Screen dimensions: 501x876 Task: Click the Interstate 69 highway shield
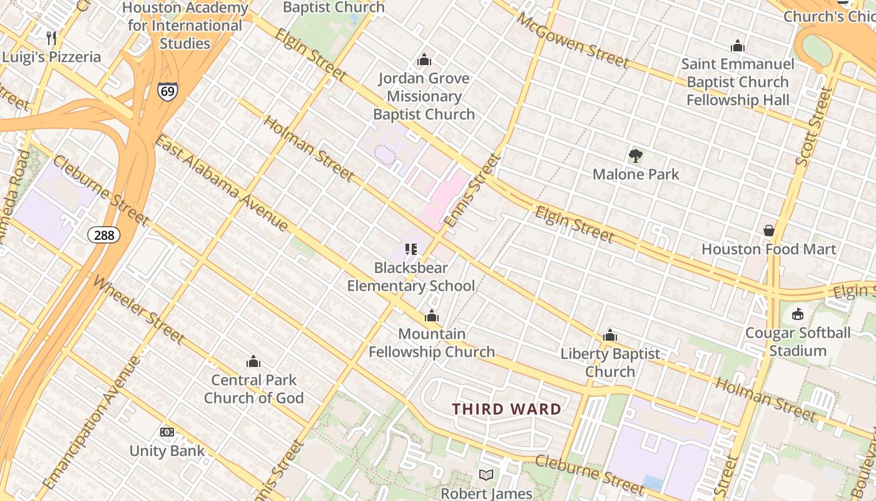pyautogui.click(x=167, y=91)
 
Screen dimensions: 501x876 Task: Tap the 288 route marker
pyautogui.click(x=103, y=235)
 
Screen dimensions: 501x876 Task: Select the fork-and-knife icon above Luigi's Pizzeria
pyautogui.click(x=52, y=38)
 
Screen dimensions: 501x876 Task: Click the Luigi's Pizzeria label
pyautogui.click(x=51, y=57)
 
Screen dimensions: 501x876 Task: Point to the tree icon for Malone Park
pyautogui.click(x=636, y=155)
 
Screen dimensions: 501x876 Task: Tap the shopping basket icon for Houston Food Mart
pyautogui.click(x=769, y=230)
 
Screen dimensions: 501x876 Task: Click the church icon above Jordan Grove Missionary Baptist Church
pyautogui.click(x=424, y=59)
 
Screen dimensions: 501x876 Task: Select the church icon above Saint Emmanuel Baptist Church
pyautogui.click(x=738, y=46)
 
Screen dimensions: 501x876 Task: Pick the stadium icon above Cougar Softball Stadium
pyautogui.click(x=798, y=314)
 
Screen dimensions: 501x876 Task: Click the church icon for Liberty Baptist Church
pyautogui.click(x=610, y=336)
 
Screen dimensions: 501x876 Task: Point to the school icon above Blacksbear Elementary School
pyautogui.click(x=410, y=249)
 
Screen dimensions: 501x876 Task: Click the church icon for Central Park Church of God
pyautogui.click(x=253, y=361)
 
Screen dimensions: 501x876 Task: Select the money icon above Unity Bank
pyautogui.click(x=167, y=432)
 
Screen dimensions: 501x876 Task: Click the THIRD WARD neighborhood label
pyautogui.click(x=507, y=410)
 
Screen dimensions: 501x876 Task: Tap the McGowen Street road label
pyautogui.click(x=572, y=41)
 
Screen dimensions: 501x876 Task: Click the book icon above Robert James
pyautogui.click(x=486, y=475)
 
